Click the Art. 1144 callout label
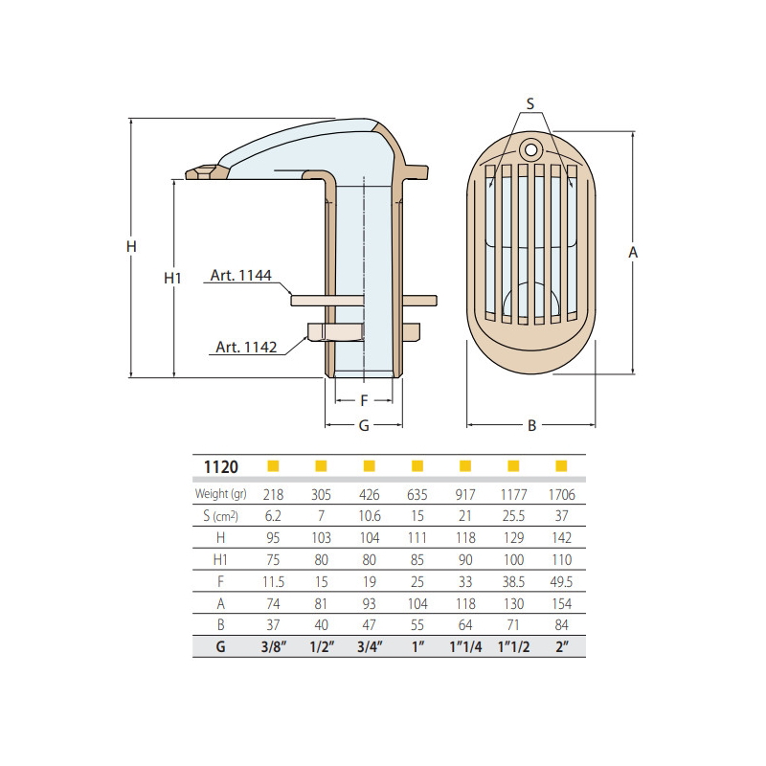[241, 276]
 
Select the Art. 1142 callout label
[246, 347]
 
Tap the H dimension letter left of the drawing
[131, 247]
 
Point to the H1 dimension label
[172, 279]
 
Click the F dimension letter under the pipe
[364, 401]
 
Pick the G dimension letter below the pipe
[364, 426]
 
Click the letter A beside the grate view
[633, 253]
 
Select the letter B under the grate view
[532, 426]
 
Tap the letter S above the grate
[530, 103]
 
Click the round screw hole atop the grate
[531, 148]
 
